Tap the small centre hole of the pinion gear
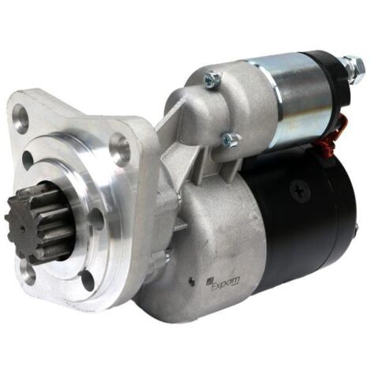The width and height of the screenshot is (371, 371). point(23,229)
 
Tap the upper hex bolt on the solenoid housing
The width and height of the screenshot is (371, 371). point(212,77)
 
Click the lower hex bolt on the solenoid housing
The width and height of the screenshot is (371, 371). point(230,139)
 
